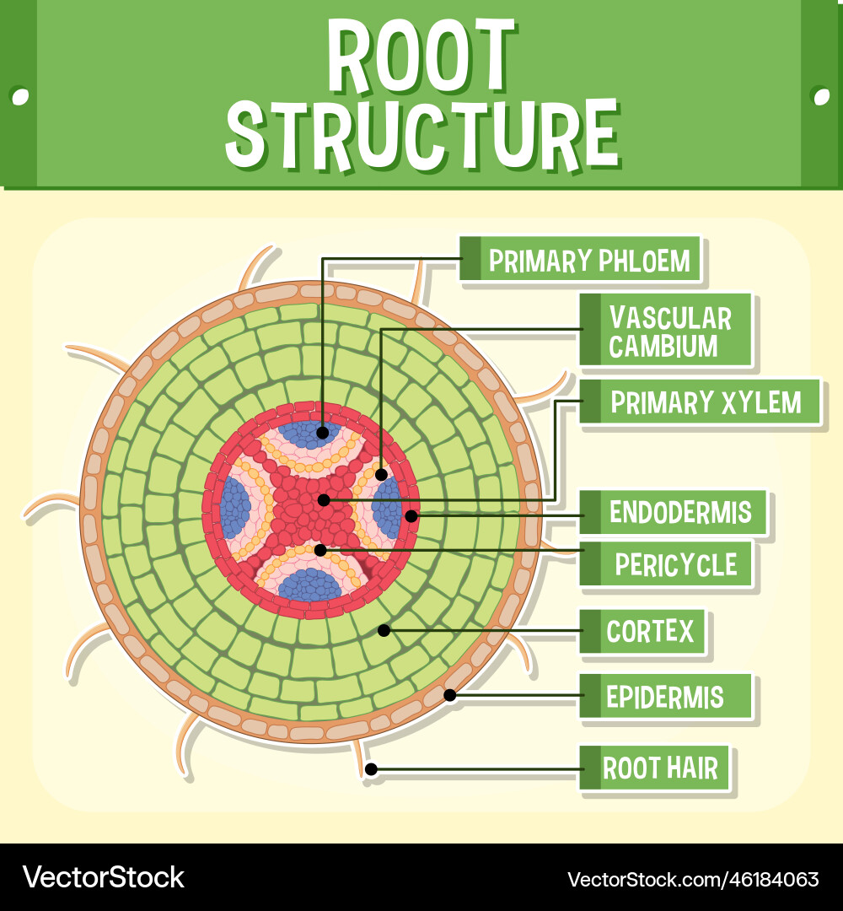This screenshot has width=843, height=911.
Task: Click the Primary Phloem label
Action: coord(588,261)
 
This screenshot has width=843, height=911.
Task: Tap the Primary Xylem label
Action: coord(705,402)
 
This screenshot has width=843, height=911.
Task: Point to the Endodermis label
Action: coord(679,512)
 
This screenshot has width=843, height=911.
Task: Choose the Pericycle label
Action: coord(675,564)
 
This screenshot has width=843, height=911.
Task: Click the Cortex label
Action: coord(650,631)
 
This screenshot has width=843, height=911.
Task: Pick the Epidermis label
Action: coord(664,698)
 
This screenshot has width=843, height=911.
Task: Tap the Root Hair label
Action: coord(660,768)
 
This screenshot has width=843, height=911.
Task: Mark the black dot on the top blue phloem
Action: coord(323,433)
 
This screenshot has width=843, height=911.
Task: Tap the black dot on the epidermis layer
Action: coord(450,695)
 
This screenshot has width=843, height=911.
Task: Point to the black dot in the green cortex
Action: coord(384,629)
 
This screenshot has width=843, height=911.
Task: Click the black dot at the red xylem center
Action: coord(324,500)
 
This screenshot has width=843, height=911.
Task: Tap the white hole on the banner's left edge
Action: coord(19,95)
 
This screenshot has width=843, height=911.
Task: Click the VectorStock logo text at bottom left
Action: coord(104,877)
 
